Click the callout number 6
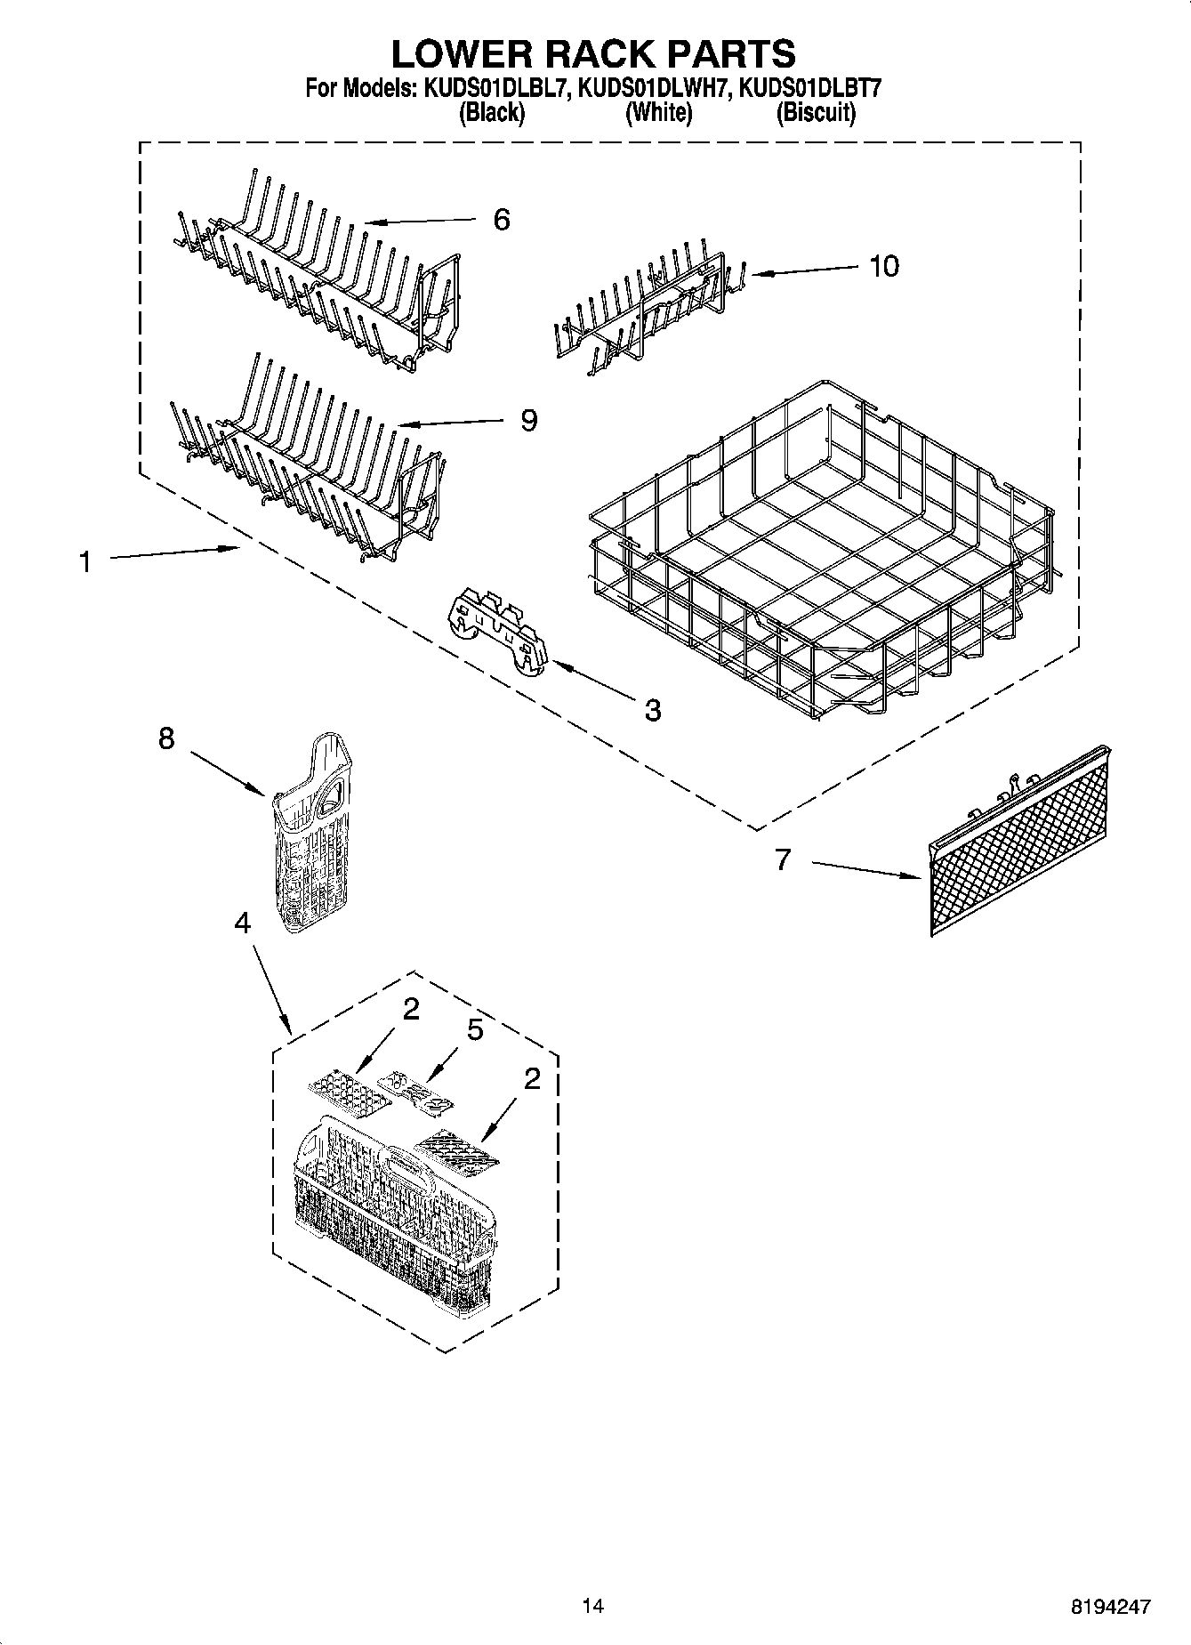pos(502,220)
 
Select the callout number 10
pos(883,265)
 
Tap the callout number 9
pos(528,420)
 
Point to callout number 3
pos(652,710)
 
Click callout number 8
pos(166,738)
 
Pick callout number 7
pos(782,859)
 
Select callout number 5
pos(475,1030)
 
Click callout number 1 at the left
pos(84,562)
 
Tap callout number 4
pos(242,923)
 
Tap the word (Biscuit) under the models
pos(815,113)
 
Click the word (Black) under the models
pos(491,113)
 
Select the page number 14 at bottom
pos(592,1606)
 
